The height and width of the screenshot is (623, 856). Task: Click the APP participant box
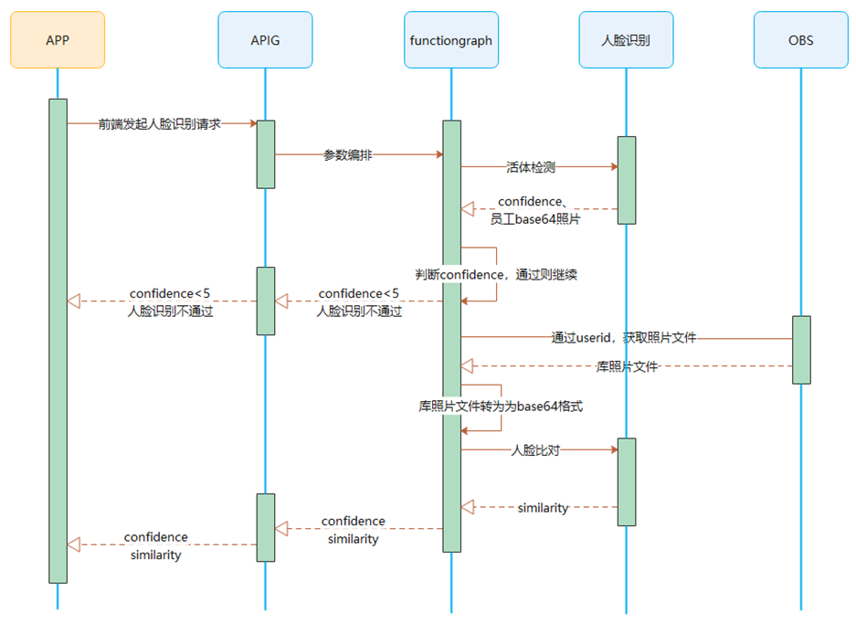pos(58,40)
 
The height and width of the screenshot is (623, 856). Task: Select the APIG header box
pos(265,40)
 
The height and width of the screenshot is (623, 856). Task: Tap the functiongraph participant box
pos(451,40)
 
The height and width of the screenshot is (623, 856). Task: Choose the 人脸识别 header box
pos(626,40)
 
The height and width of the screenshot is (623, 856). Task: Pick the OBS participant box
pos(801,40)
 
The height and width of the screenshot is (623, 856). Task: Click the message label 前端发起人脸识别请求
pos(159,124)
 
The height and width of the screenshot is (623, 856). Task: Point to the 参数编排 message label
pos(348,155)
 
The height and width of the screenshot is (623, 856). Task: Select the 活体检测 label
pos(531,167)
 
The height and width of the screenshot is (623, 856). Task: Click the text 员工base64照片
pos(535,219)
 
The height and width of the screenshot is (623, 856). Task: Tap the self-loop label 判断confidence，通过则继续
pos(496,274)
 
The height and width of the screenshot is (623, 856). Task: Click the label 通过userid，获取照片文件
pos(624,337)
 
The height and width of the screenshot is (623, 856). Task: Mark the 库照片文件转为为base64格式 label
pos(501,407)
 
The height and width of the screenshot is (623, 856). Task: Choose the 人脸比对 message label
pos(535,450)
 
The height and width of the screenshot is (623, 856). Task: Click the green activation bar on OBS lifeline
pos(801,350)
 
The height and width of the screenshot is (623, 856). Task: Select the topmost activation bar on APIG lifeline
pos(266,154)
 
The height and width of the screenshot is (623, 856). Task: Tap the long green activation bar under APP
pos(58,341)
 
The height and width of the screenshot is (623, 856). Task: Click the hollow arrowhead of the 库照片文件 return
pos(468,365)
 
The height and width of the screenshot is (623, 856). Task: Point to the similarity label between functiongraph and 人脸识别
pos(544,508)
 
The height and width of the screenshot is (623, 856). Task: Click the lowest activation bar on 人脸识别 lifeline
pos(627,482)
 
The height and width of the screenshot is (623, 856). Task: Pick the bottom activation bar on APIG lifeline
pos(266,527)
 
